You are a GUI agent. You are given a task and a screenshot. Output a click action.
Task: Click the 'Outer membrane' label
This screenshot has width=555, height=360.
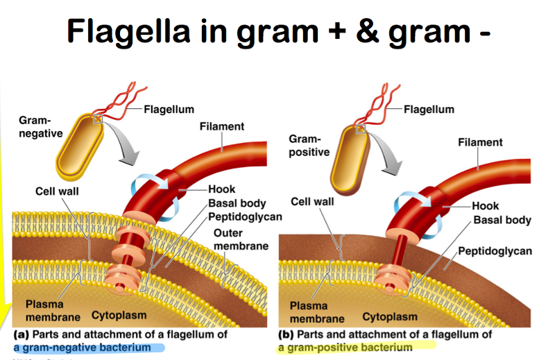[238, 240]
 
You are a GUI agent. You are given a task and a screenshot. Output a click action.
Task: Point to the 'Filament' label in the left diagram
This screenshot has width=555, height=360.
[222, 126]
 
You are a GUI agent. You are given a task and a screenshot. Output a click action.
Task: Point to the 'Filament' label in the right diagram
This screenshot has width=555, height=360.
[480, 142]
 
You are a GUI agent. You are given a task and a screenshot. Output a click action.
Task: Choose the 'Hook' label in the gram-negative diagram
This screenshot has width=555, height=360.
[222, 189]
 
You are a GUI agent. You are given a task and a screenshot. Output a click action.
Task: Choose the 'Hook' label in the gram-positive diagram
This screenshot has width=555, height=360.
[486, 206]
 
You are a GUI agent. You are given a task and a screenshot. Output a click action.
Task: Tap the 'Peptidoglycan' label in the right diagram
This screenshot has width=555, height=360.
[495, 250]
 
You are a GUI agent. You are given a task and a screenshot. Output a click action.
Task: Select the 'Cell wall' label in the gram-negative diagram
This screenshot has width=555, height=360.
[60, 191]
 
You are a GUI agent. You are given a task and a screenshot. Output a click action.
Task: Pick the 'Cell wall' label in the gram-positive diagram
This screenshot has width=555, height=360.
[312, 202]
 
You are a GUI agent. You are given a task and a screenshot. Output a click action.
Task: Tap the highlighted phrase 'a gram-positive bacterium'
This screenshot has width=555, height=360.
[345, 347]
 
